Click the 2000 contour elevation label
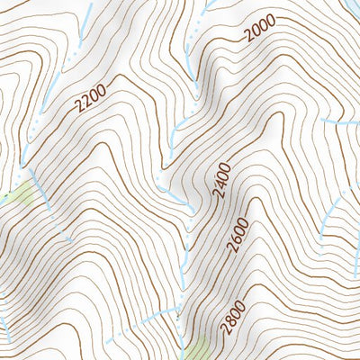pyautogui.click(x=260, y=35)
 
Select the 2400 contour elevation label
pyautogui.click(x=221, y=180)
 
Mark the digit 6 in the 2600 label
pyautogui.click(x=237, y=238)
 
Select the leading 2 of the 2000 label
pyautogui.click(x=248, y=42)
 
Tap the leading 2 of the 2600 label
pyautogui.click(x=233, y=247)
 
